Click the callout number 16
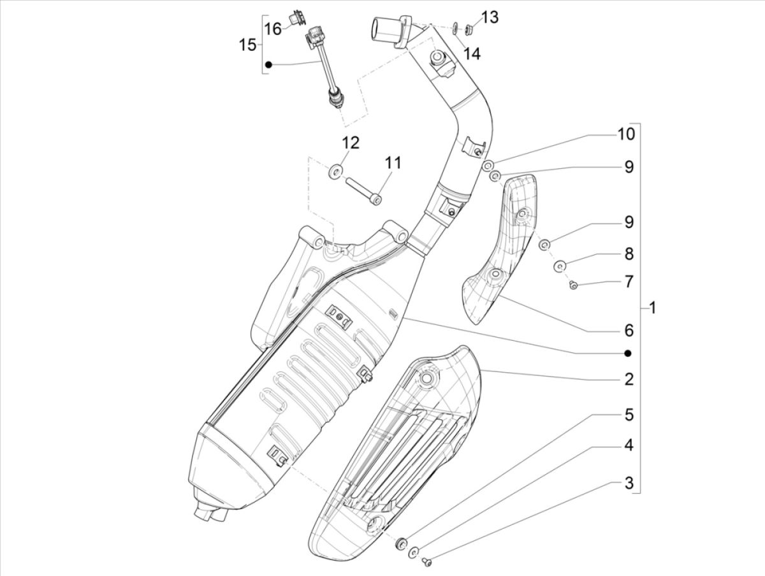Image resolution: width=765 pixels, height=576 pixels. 273,29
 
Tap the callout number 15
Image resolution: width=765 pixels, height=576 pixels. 247,45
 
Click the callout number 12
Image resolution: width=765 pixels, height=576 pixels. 351,142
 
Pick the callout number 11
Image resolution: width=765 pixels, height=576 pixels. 393,163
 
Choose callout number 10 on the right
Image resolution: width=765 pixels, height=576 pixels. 626,134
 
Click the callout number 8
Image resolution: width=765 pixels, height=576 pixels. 629,254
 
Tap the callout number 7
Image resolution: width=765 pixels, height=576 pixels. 629,281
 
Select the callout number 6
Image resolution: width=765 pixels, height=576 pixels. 629,331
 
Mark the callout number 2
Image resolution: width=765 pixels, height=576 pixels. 629,380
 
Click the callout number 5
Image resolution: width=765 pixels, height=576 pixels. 629,415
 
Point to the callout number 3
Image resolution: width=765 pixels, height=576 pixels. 629,483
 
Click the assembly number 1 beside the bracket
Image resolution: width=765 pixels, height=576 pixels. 652,308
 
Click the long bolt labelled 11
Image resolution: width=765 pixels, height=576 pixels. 363,191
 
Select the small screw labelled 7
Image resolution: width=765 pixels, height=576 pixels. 572,285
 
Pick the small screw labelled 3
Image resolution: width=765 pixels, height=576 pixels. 427,561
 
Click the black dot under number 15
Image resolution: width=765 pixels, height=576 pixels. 268,64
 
